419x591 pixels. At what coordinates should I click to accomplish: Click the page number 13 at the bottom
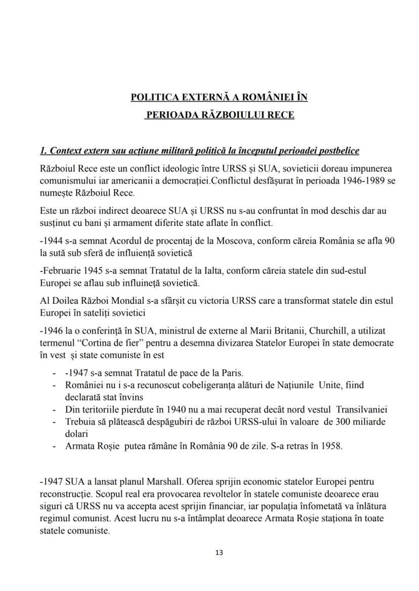click(219, 553)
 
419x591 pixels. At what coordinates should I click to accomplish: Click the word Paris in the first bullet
click(232, 374)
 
